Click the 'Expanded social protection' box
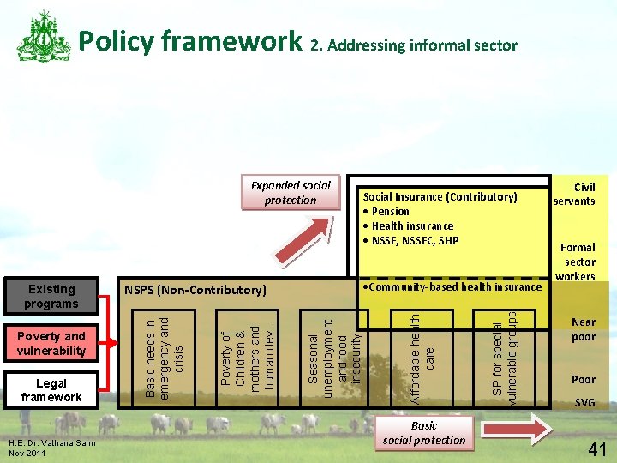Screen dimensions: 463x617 click(x=291, y=193)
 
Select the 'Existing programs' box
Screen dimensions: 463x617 click(x=51, y=296)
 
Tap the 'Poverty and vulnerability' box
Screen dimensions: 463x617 click(x=51, y=343)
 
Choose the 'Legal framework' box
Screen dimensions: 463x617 click(x=51, y=390)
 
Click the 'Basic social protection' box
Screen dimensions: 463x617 click(x=424, y=433)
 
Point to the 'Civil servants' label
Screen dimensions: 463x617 click(x=574, y=194)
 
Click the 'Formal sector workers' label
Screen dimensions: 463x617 click(x=579, y=262)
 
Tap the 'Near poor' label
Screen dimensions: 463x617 click(x=584, y=329)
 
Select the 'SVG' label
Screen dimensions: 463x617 click(x=584, y=402)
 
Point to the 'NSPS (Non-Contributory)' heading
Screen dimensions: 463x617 click(x=196, y=291)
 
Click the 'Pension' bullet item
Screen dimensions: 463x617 click(x=390, y=212)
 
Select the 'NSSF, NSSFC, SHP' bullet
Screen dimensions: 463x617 click(x=415, y=240)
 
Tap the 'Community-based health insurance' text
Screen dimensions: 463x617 click(x=453, y=286)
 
